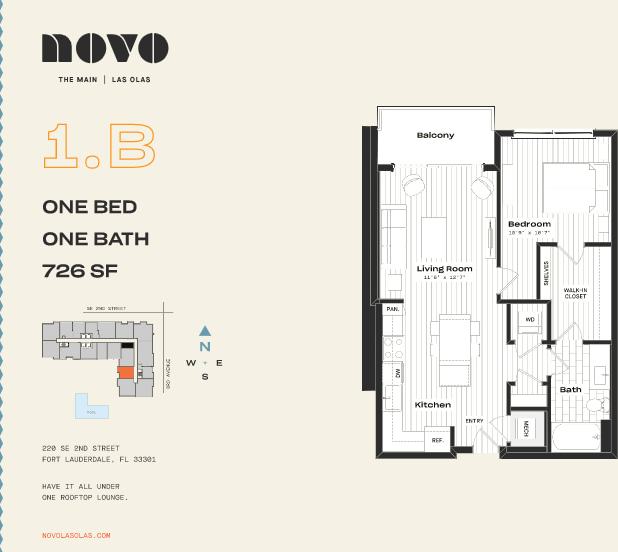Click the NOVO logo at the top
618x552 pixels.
(x=104, y=47)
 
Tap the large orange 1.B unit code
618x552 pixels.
(x=99, y=146)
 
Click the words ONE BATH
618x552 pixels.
(x=95, y=238)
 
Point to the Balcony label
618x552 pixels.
(x=435, y=135)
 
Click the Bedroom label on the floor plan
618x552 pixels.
(x=529, y=224)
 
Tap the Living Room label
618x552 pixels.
(x=444, y=269)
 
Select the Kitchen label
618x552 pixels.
(x=432, y=405)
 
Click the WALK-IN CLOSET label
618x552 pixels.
(x=575, y=293)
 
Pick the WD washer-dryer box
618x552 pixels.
(x=529, y=320)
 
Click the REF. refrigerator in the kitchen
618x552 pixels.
(x=437, y=440)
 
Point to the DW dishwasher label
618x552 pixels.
(x=397, y=372)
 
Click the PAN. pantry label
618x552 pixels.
(x=393, y=310)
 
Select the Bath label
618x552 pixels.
(x=570, y=389)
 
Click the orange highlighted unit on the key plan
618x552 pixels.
(x=126, y=372)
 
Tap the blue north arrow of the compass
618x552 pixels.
(x=205, y=330)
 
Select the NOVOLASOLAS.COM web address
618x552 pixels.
(x=76, y=535)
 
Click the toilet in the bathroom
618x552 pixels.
(x=597, y=405)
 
